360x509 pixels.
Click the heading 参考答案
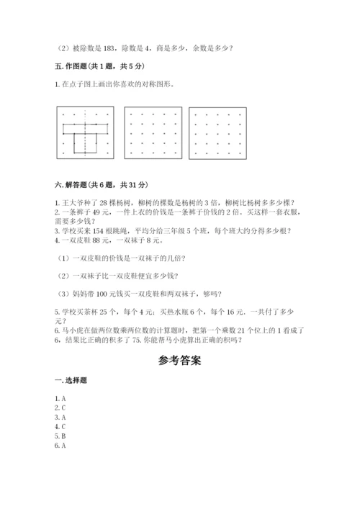pyautogui.click(x=180, y=361)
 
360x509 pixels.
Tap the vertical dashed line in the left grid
pyautogui.click(x=85, y=144)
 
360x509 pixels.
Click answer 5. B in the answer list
pyautogui.click(x=60, y=436)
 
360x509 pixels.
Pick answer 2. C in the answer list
pyautogui.click(x=60, y=407)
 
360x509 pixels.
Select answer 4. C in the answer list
pyautogui.click(x=60, y=427)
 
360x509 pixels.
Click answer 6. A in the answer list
pyautogui.click(x=60, y=446)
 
